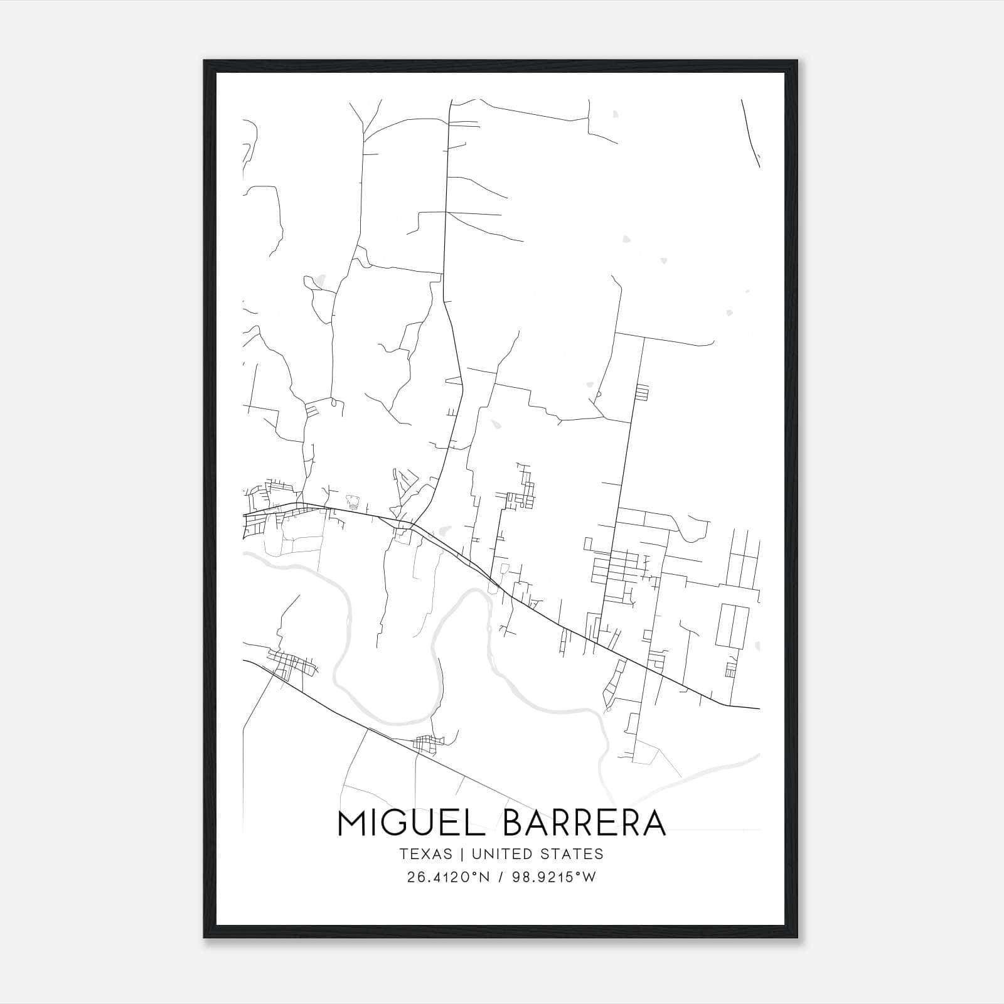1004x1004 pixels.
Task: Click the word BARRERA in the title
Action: tap(584, 823)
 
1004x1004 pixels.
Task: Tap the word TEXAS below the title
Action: tap(425, 854)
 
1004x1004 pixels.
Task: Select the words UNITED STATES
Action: tap(537, 854)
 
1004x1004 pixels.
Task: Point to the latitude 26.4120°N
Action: tap(447, 877)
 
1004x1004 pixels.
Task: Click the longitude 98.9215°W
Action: tap(553, 877)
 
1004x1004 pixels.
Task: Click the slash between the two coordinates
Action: tap(500, 877)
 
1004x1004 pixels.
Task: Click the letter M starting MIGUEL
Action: tap(353, 823)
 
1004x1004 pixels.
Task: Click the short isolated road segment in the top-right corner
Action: tap(750, 133)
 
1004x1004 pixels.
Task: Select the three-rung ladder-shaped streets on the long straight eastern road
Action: tap(641, 393)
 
